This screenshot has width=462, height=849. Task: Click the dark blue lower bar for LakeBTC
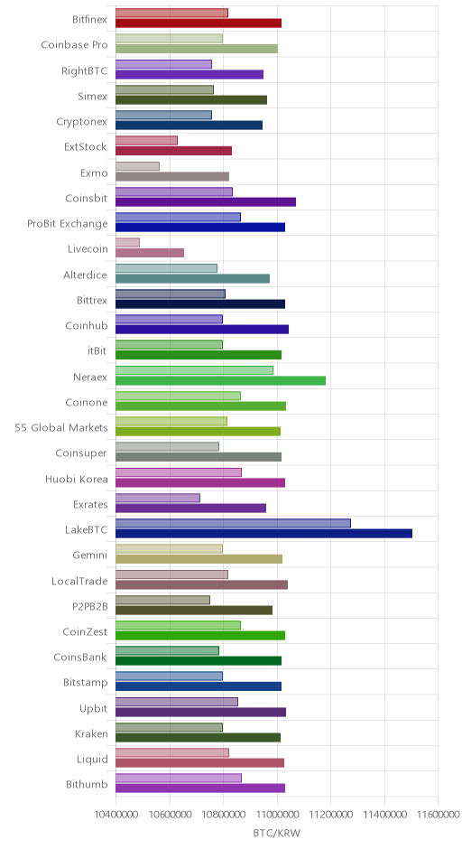click(263, 533)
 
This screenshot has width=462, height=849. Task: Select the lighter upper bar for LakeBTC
click(233, 523)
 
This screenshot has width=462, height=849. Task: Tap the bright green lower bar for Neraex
click(221, 380)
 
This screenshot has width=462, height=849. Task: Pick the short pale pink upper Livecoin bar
click(127, 243)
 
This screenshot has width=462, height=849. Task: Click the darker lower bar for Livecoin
click(150, 253)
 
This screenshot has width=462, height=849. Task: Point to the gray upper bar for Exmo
click(137, 166)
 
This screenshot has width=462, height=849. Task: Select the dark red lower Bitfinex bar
click(199, 23)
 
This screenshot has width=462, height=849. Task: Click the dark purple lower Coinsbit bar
click(206, 202)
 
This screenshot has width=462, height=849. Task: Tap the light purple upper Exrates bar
click(158, 498)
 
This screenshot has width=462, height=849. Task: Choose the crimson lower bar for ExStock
click(173, 151)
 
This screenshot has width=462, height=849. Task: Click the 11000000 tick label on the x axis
click(278, 815)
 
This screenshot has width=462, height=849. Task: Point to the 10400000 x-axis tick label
click(115, 815)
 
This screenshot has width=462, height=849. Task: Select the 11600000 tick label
click(438, 815)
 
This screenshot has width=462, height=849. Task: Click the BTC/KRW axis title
click(276, 833)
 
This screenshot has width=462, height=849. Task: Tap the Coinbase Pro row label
click(75, 44)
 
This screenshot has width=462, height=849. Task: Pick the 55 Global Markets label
click(61, 427)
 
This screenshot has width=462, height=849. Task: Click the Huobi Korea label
click(77, 479)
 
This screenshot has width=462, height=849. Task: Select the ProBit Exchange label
click(68, 224)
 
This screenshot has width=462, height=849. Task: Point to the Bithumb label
click(88, 784)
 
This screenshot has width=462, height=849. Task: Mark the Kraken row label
click(91, 733)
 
